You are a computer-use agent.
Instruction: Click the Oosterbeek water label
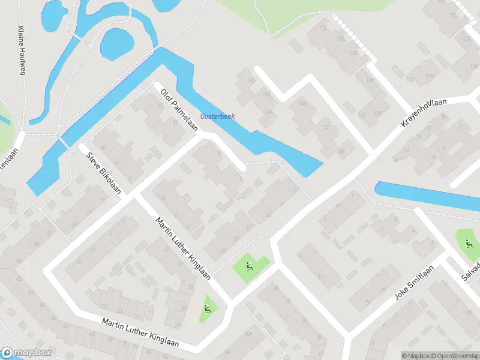click(217, 116)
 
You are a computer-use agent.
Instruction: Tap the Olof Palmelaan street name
click(180, 111)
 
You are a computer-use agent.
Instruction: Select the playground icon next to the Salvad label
click(468, 243)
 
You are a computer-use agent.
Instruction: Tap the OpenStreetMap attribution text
click(457, 356)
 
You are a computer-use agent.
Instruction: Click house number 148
click(302, 103)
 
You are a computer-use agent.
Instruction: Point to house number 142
click(251, 80)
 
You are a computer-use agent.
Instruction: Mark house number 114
click(323, 28)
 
